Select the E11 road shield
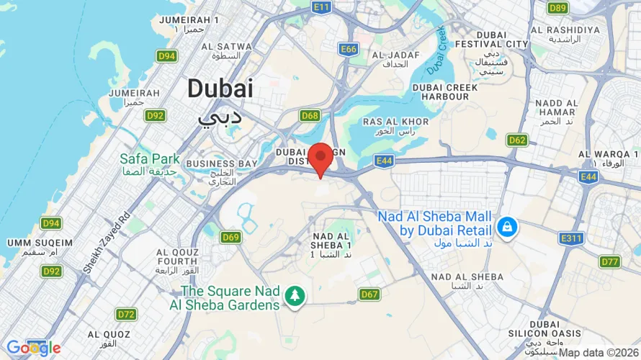click(322, 7)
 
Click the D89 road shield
click(557, 8)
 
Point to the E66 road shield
click(349, 49)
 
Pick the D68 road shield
click(310, 115)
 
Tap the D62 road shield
click(516, 140)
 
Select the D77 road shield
click(609, 261)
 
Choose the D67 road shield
click(369, 294)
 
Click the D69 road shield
click(230, 237)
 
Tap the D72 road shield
click(126, 314)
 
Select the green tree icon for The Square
click(295, 295)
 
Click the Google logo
click(33, 348)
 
